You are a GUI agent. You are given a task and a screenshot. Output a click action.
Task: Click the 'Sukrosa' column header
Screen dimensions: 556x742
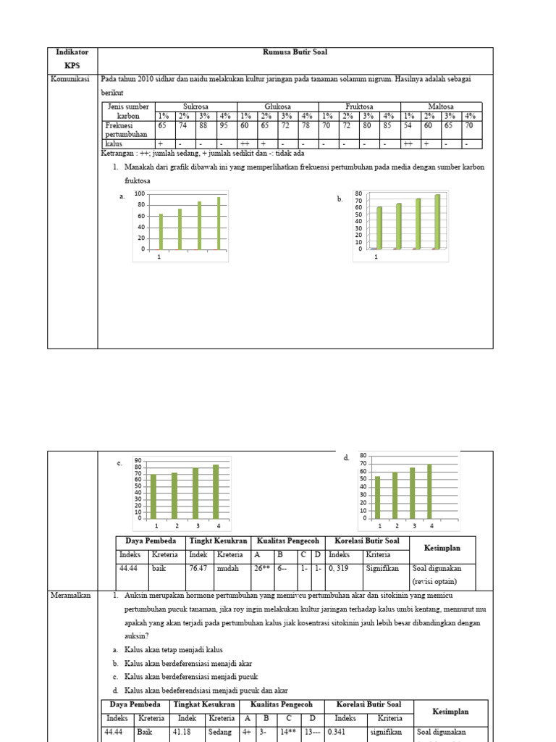click(x=195, y=107)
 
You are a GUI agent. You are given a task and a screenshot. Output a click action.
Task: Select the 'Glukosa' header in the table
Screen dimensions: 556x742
click(x=277, y=107)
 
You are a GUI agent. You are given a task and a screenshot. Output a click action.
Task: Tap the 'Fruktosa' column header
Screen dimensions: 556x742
click(x=359, y=107)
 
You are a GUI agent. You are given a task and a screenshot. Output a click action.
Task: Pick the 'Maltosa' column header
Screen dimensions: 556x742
click(x=441, y=107)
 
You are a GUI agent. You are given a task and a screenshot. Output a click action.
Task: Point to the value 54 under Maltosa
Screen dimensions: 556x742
click(x=409, y=125)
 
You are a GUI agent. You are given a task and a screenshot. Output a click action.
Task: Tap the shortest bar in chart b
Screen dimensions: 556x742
click(x=379, y=228)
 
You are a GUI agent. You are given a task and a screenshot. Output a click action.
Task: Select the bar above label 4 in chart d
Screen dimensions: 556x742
click(x=429, y=492)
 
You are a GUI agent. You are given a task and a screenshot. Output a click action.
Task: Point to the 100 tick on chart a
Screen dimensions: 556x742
click(x=140, y=194)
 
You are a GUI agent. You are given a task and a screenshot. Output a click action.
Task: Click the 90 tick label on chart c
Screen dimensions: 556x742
click(x=138, y=459)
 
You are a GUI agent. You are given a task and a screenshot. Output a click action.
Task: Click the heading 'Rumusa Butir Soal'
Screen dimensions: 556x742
click(x=295, y=53)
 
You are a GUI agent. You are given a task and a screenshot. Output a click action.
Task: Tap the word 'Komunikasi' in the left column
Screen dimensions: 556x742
click(x=69, y=80)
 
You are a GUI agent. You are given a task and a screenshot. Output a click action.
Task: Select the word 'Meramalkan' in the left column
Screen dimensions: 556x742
click(x=70, y=596)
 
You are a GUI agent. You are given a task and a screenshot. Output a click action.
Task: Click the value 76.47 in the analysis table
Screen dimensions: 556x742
click(x=198, y=570)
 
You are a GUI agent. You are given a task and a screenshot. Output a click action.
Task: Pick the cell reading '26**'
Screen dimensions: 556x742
click(x=261, y=570)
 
